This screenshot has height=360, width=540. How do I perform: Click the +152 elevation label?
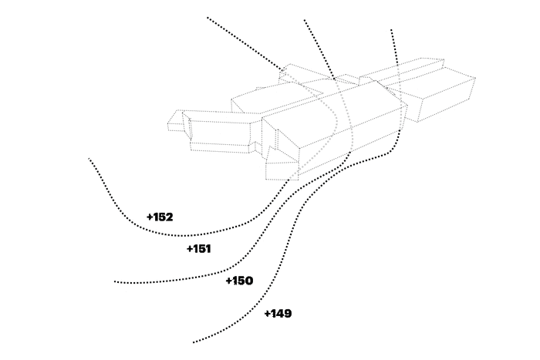point(160,217)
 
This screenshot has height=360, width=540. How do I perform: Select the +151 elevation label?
point(199,249)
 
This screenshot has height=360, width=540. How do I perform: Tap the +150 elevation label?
point(239,281)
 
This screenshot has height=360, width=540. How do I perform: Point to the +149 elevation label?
point(278,314)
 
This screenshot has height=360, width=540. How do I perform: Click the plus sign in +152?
point(150,217)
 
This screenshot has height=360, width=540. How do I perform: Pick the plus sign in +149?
point(267,314)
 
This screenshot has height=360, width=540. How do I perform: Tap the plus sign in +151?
point(189,249)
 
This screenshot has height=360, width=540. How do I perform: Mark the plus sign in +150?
point(228,281)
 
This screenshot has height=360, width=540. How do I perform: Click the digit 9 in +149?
point(287,314)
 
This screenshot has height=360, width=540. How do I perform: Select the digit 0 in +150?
point(248,281)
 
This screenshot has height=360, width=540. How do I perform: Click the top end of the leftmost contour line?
point(208,17)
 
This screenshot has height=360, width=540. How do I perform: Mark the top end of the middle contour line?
point(304,20)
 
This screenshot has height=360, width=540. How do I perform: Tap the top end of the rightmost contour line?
point(391,29)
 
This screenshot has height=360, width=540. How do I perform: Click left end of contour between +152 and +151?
point(89,159)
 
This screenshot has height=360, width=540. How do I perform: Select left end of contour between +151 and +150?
point(115,282)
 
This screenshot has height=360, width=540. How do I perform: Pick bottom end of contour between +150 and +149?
point(194,341)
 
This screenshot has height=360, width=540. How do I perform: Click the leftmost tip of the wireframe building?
point(169,122)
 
